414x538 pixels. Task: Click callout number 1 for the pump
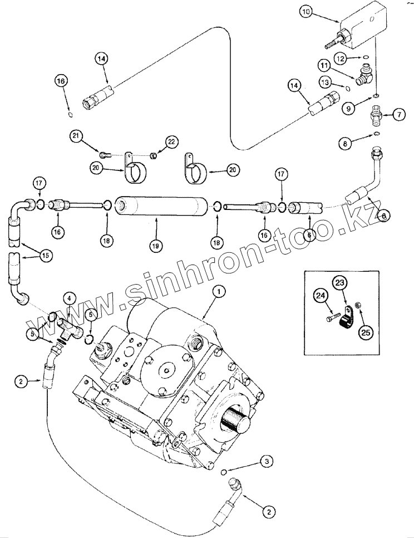218,290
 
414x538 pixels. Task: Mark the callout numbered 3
267,461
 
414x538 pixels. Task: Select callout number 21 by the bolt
76,136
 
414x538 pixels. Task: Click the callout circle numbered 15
45,256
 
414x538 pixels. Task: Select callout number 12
341,57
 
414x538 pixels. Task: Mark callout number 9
349,109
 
